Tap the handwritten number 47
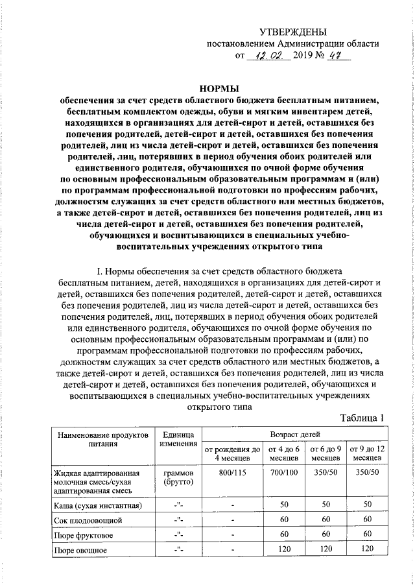coord(337,56)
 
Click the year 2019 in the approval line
coord(302,57)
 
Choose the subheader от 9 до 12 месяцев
coord(367,453)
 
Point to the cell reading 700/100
coord(284,473)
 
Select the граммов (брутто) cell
coord(178,478)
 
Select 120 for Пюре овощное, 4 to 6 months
coord(284,550)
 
